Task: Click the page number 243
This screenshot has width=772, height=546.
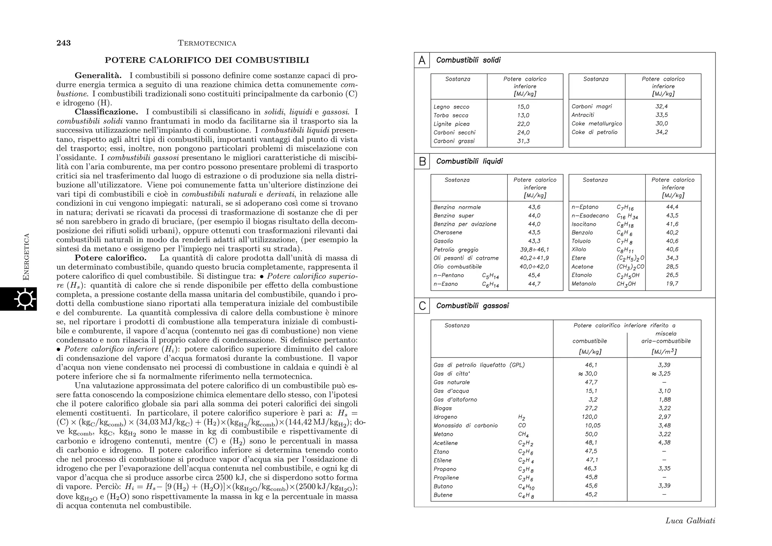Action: [x=64, y=43]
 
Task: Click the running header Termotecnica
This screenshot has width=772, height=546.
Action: [x=207, y=43]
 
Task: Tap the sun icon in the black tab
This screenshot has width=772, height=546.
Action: [x=25, y=299]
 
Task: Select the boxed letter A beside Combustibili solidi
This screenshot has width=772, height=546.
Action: [x=422, y=60]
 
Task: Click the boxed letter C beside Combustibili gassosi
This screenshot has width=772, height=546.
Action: [x=422, y=306]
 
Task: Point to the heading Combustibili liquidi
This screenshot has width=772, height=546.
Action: [x=469, y=161]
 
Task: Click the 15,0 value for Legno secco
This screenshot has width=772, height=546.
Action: [x=523, y=107]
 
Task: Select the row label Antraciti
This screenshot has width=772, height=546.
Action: [x=582, y=115]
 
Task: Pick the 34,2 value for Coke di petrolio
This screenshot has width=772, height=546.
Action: [x=662, y=132]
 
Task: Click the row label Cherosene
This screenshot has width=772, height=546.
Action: [x=447, y=233]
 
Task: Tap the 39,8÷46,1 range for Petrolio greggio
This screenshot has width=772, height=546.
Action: [x=535, y=250]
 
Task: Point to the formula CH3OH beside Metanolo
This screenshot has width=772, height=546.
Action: [x=626, y=284]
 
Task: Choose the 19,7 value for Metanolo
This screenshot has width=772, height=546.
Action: [x=672, y=284]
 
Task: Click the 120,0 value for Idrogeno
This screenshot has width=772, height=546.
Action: [x=590, y=417]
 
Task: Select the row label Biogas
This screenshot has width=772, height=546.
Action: [x=442, y=408]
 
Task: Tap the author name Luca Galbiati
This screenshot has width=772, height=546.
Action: [x=690, y=521]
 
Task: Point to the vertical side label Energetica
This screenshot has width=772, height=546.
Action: [x=26, y=257]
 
